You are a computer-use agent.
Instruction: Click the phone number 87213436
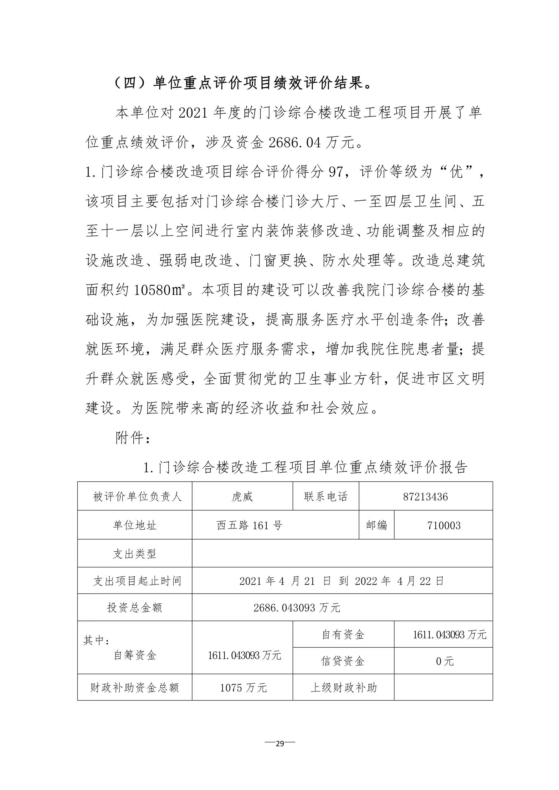coord(425,497)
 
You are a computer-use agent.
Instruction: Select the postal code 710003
coord(444,525)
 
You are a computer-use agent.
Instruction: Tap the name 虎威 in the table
coord(242,497)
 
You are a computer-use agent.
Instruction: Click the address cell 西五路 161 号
coord(249,525)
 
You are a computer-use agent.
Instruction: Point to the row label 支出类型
coord(135,554)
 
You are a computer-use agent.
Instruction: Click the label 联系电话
coord(326,497)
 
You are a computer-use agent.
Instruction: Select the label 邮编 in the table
coord(377,525)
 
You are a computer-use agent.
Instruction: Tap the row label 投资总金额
coord(135,608)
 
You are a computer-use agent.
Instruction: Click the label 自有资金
coord(343,635)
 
